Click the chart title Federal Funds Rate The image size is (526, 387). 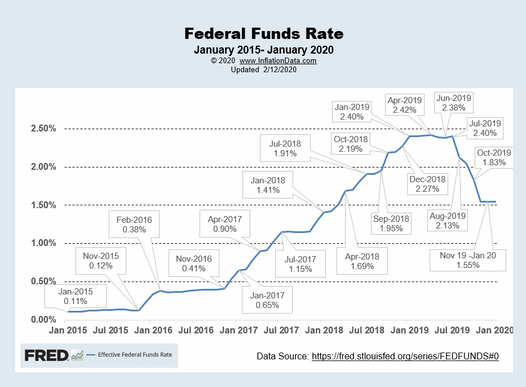tap(263, 34)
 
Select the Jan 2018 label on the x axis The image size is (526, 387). tap(320, 330)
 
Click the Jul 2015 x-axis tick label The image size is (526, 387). tap(107, 330)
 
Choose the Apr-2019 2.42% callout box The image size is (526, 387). tap(405, 107)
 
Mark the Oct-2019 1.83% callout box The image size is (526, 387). tap(493, 157)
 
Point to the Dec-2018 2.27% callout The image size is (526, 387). tap(427, 184)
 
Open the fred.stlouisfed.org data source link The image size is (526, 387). tap(405, 356)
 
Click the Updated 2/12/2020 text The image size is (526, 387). tap(263, 69)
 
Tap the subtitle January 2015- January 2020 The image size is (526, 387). tap(263, 50)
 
